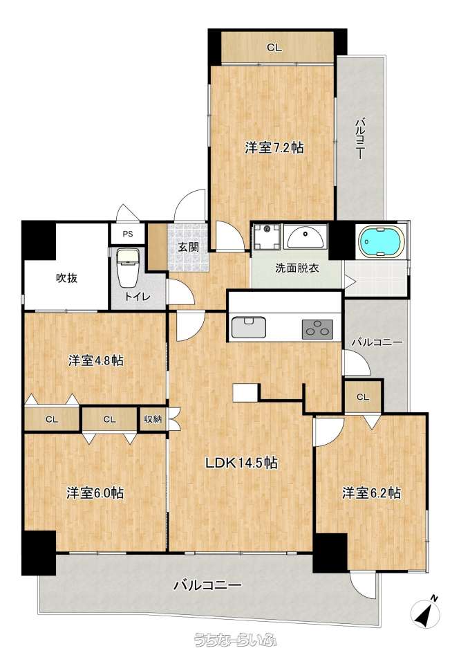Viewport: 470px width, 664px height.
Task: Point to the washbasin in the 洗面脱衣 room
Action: point(305,237)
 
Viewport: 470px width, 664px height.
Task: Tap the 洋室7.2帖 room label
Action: point(274,148)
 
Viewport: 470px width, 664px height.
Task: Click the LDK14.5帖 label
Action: point(241,463)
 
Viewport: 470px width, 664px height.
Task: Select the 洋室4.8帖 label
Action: point(96,361)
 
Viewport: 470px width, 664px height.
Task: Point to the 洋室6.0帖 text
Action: point(95,493)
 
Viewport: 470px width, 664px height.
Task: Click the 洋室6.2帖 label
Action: point(371,493)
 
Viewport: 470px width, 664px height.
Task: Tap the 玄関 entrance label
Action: point(188,246)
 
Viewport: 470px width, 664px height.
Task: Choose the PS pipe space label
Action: point(127,234)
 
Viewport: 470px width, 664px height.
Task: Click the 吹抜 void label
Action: point(67,278)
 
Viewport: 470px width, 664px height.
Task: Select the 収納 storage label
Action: point(153,419)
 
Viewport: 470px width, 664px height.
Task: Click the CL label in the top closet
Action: point(274,48)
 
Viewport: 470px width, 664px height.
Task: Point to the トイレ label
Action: point(137,297)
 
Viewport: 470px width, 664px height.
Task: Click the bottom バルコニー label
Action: point(208,586)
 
